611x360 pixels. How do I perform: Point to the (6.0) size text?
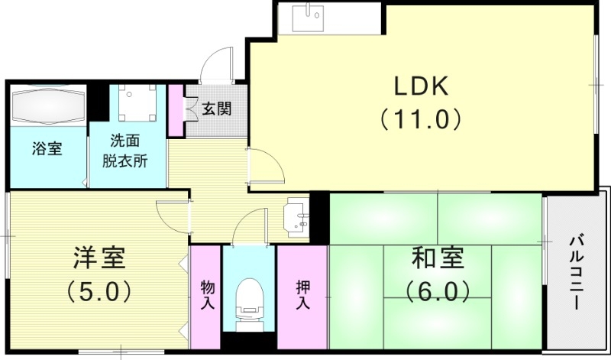tap(438, 291)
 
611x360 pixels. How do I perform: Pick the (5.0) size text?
tap(99, 291)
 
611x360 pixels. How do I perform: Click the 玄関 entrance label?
tap(217, 109)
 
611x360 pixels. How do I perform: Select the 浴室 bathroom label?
tap(47, 148)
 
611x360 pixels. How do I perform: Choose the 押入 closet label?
tap(302, 294)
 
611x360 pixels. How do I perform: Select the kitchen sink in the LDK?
tap(312, 17)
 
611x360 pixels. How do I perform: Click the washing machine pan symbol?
tap(137, 102)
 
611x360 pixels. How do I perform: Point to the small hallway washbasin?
tap(296, 216)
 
